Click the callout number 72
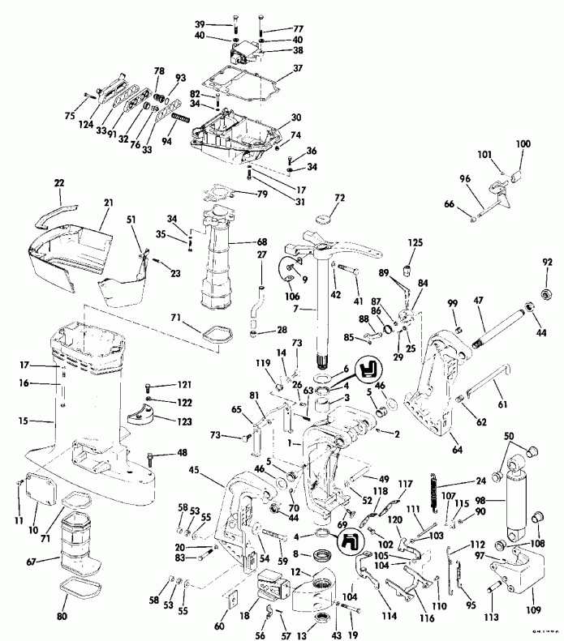tap(339, 198)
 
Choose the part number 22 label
tap(58, 185)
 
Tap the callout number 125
tap(415, 242)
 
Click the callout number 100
tap(523, 143)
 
